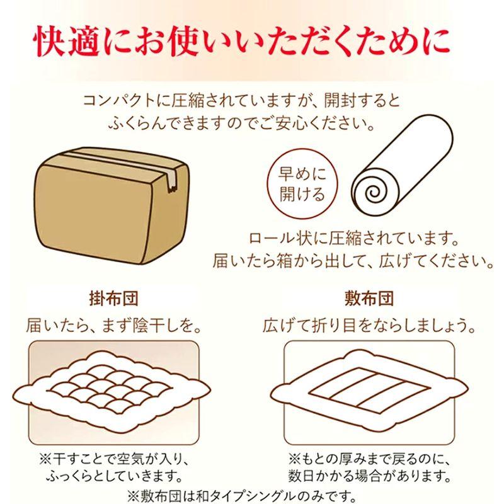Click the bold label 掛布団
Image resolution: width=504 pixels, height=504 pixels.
(113, 297)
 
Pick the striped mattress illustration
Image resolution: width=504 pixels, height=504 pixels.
(369, 386)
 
